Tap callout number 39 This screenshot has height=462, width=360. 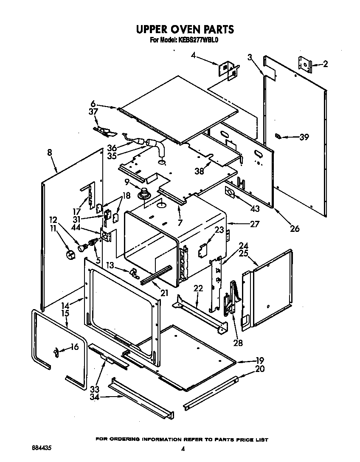304,137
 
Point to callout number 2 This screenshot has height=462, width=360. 325,65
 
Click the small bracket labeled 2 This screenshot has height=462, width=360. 304,64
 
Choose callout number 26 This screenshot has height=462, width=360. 294,228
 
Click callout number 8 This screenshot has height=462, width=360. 51,152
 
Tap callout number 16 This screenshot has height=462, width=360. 74,347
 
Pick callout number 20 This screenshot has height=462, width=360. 260,369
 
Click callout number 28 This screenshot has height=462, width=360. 238,343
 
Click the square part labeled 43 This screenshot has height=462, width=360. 230,193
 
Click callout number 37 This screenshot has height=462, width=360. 93,112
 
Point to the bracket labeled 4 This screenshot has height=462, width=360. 227,69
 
